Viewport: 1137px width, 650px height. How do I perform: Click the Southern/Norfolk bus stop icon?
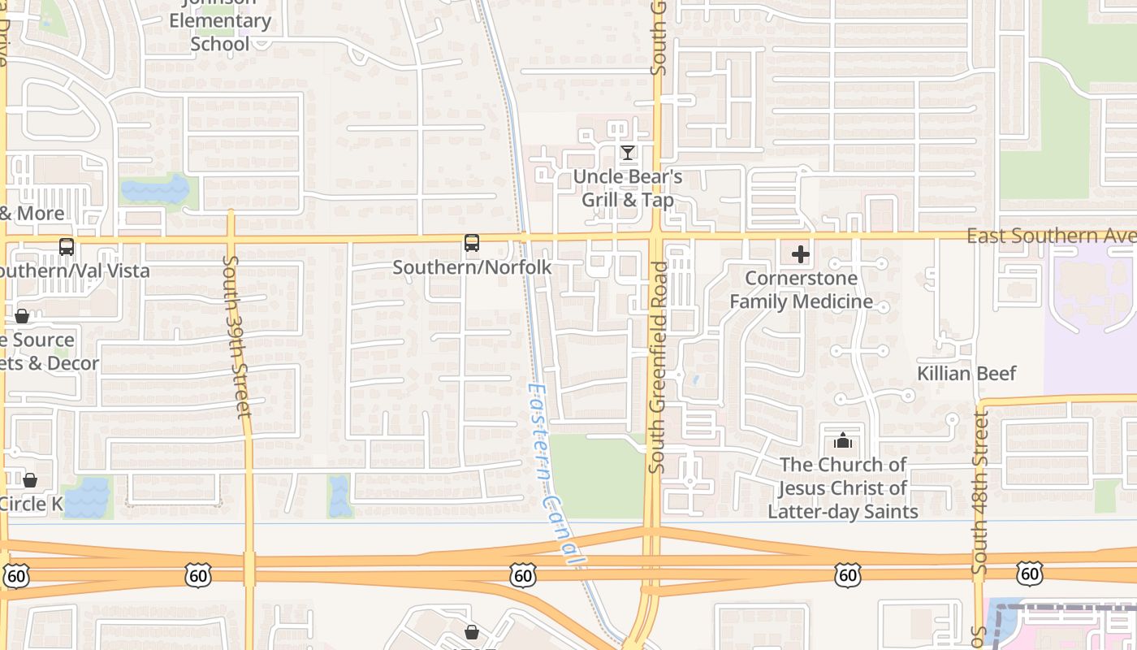471,242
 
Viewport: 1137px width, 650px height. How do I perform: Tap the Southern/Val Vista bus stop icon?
67,246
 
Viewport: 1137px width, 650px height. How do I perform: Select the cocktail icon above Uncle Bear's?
627,152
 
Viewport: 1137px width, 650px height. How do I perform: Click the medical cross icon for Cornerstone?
800,254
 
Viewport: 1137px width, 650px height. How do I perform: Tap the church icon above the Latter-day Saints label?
843,441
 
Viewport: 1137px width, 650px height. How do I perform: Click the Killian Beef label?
966,374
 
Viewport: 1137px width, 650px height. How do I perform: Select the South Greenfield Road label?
658,367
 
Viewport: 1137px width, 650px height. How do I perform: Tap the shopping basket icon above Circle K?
30,480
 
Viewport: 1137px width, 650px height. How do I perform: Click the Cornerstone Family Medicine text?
801,290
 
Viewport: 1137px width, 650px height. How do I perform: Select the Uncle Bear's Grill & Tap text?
628,188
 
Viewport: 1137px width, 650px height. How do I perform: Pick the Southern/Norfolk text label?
472,267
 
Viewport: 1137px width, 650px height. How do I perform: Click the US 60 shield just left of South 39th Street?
197,575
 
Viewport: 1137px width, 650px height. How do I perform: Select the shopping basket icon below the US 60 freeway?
471,631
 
